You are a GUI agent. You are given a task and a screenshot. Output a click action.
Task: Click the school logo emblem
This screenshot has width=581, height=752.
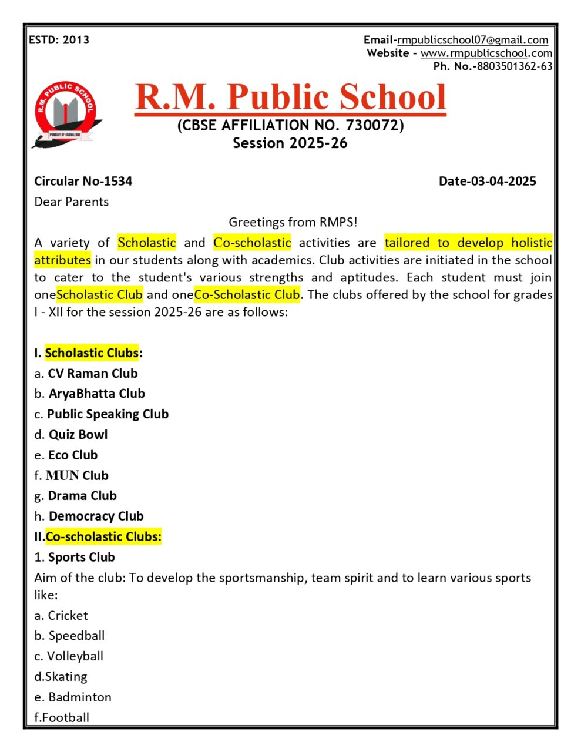click(x=66, y=114)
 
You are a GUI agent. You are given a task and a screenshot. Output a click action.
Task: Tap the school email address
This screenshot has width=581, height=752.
click(x=472, y=40)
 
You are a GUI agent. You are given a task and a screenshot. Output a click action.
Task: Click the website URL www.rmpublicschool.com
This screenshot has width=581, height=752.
click(x=486, y=53)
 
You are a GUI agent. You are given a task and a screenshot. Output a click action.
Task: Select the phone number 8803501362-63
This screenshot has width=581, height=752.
click(x=514, y=66)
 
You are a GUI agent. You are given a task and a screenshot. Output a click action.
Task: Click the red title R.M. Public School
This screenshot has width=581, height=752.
click(x=290, y=97)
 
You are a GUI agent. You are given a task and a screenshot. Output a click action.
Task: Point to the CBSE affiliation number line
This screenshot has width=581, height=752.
click(x=290, y=125)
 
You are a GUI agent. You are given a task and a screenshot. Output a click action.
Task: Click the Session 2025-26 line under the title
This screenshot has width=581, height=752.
click(x=290, y=143)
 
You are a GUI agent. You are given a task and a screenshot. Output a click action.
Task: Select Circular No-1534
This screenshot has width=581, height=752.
click(x=83, y=181)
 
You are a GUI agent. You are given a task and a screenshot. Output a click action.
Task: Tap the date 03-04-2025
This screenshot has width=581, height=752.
click(x=487, y=181)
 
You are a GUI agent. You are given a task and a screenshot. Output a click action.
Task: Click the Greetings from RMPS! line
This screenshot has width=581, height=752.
click(x=293, y=222)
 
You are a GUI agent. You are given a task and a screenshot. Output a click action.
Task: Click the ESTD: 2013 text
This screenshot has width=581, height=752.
click(x=59, y=40)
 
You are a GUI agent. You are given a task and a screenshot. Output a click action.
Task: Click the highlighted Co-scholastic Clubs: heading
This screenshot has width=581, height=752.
click(x=103, y=536)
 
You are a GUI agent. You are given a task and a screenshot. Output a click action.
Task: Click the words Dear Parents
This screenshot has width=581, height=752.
click(x=72, y=202)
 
